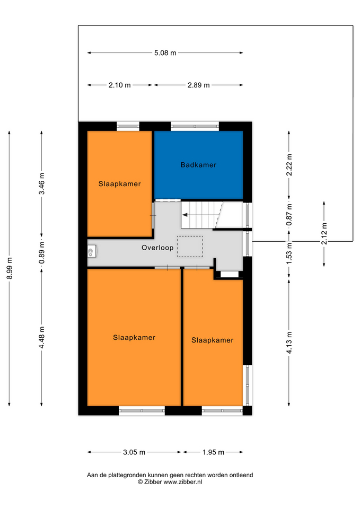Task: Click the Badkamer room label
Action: pyautogui.click(x=198, y=165)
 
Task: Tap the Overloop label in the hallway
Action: pyautogui.click(x=157, y=248)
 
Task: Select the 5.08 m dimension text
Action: pyautogui.click(x=165, y=53)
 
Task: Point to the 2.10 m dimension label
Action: pyautogui.click(x=119, y=85)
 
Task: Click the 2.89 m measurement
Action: pyautogui.click(x=199, y=85)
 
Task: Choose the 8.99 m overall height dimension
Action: pyautogui.click(x=10, y=268)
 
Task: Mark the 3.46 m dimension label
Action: pyautogui.click(x=42, y=184)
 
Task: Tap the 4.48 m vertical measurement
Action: pyautogui.click(x=42, y=338)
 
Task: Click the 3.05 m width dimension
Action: pyautogui.click(x=134, y=452)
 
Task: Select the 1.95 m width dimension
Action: pyautogui.click(x=213, y=452)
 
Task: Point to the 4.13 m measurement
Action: pyautogui.click(x=289, y=343)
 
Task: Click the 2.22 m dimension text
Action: pyautogui.click(x=289, y=165)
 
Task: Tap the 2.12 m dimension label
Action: pyautogui.click(x=324, y=234)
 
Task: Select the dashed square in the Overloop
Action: pyautogui.click(x=190, y=247)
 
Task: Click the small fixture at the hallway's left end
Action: pyautogui.click(x=92, y=251)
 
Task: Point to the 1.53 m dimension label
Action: pyautogui.click(x=289, y=253)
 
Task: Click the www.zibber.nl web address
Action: pyautogui.click(x=183, y=482)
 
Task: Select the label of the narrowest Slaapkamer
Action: pyautogui.click(x=212, y=340)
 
